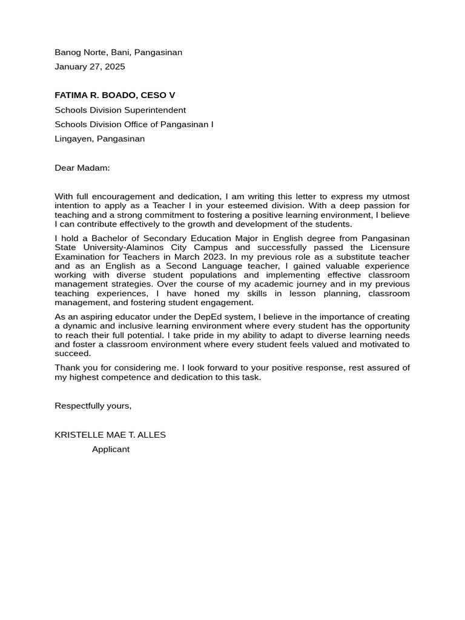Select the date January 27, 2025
pos(90,67)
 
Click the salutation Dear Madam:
pos(82,168)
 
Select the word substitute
pos(348,257)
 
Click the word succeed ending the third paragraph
pos(72,354)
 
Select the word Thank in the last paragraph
pos(67,368)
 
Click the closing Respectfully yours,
pos(93,406)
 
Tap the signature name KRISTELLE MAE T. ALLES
pos(110,435)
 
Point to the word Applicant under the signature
pos(110,450)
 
